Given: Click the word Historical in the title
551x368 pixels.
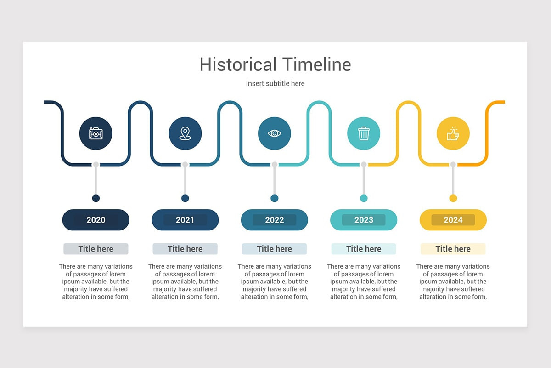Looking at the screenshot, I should (238, 64).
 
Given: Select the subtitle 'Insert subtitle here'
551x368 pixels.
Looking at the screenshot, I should (275, 83).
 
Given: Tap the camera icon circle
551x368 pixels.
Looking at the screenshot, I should (96, 133).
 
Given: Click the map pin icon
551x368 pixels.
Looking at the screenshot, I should (185, 133).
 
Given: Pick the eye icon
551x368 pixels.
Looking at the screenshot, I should (275, 133).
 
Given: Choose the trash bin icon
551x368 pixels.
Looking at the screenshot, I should (364, 133).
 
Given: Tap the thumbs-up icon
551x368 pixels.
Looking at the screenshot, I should (453, 133).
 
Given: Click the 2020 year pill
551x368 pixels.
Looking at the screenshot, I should (96, 220).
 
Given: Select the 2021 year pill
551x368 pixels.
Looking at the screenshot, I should (185, 220).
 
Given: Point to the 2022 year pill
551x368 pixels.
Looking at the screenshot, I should (275, 220).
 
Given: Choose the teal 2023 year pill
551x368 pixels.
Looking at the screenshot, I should (364, 220).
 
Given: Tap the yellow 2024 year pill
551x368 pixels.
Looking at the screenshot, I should (453, 220).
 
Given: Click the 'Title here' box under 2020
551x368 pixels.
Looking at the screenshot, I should (96, 249).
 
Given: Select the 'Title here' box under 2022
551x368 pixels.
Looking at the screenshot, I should (275, 249).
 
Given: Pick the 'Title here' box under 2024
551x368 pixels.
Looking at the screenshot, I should (453, 249).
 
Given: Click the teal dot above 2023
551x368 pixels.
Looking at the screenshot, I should (364, 198).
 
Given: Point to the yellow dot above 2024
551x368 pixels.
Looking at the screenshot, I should (453, 198).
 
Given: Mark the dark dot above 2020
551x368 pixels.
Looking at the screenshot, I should (96, 198).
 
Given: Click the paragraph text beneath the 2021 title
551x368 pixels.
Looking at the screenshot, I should (185, 282).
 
